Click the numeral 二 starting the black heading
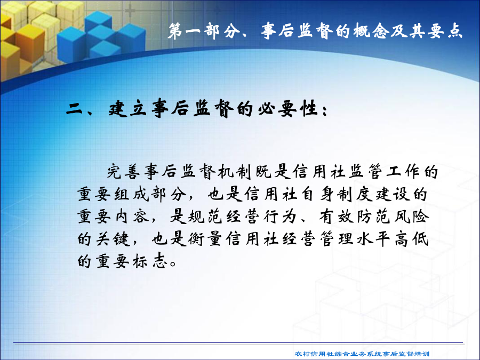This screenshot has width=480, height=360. click(x=74, y=109)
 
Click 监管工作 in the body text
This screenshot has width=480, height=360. click(x=383, y=172)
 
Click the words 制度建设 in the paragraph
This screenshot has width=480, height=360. click(x=373, y=194)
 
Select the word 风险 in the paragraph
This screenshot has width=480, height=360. click(x=411, y=217)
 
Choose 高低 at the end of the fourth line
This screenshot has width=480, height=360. click(x=411, y=239)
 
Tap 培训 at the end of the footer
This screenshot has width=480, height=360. click(x=422, y=354)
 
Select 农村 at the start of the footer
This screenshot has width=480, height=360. click(x=302, y=354)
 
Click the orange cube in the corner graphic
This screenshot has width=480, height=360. click(x=30, y=42)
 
